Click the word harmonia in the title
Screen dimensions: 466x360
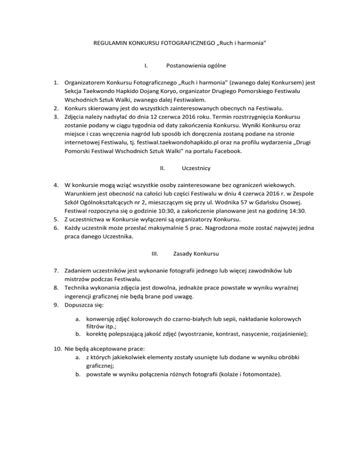point(250,43)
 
